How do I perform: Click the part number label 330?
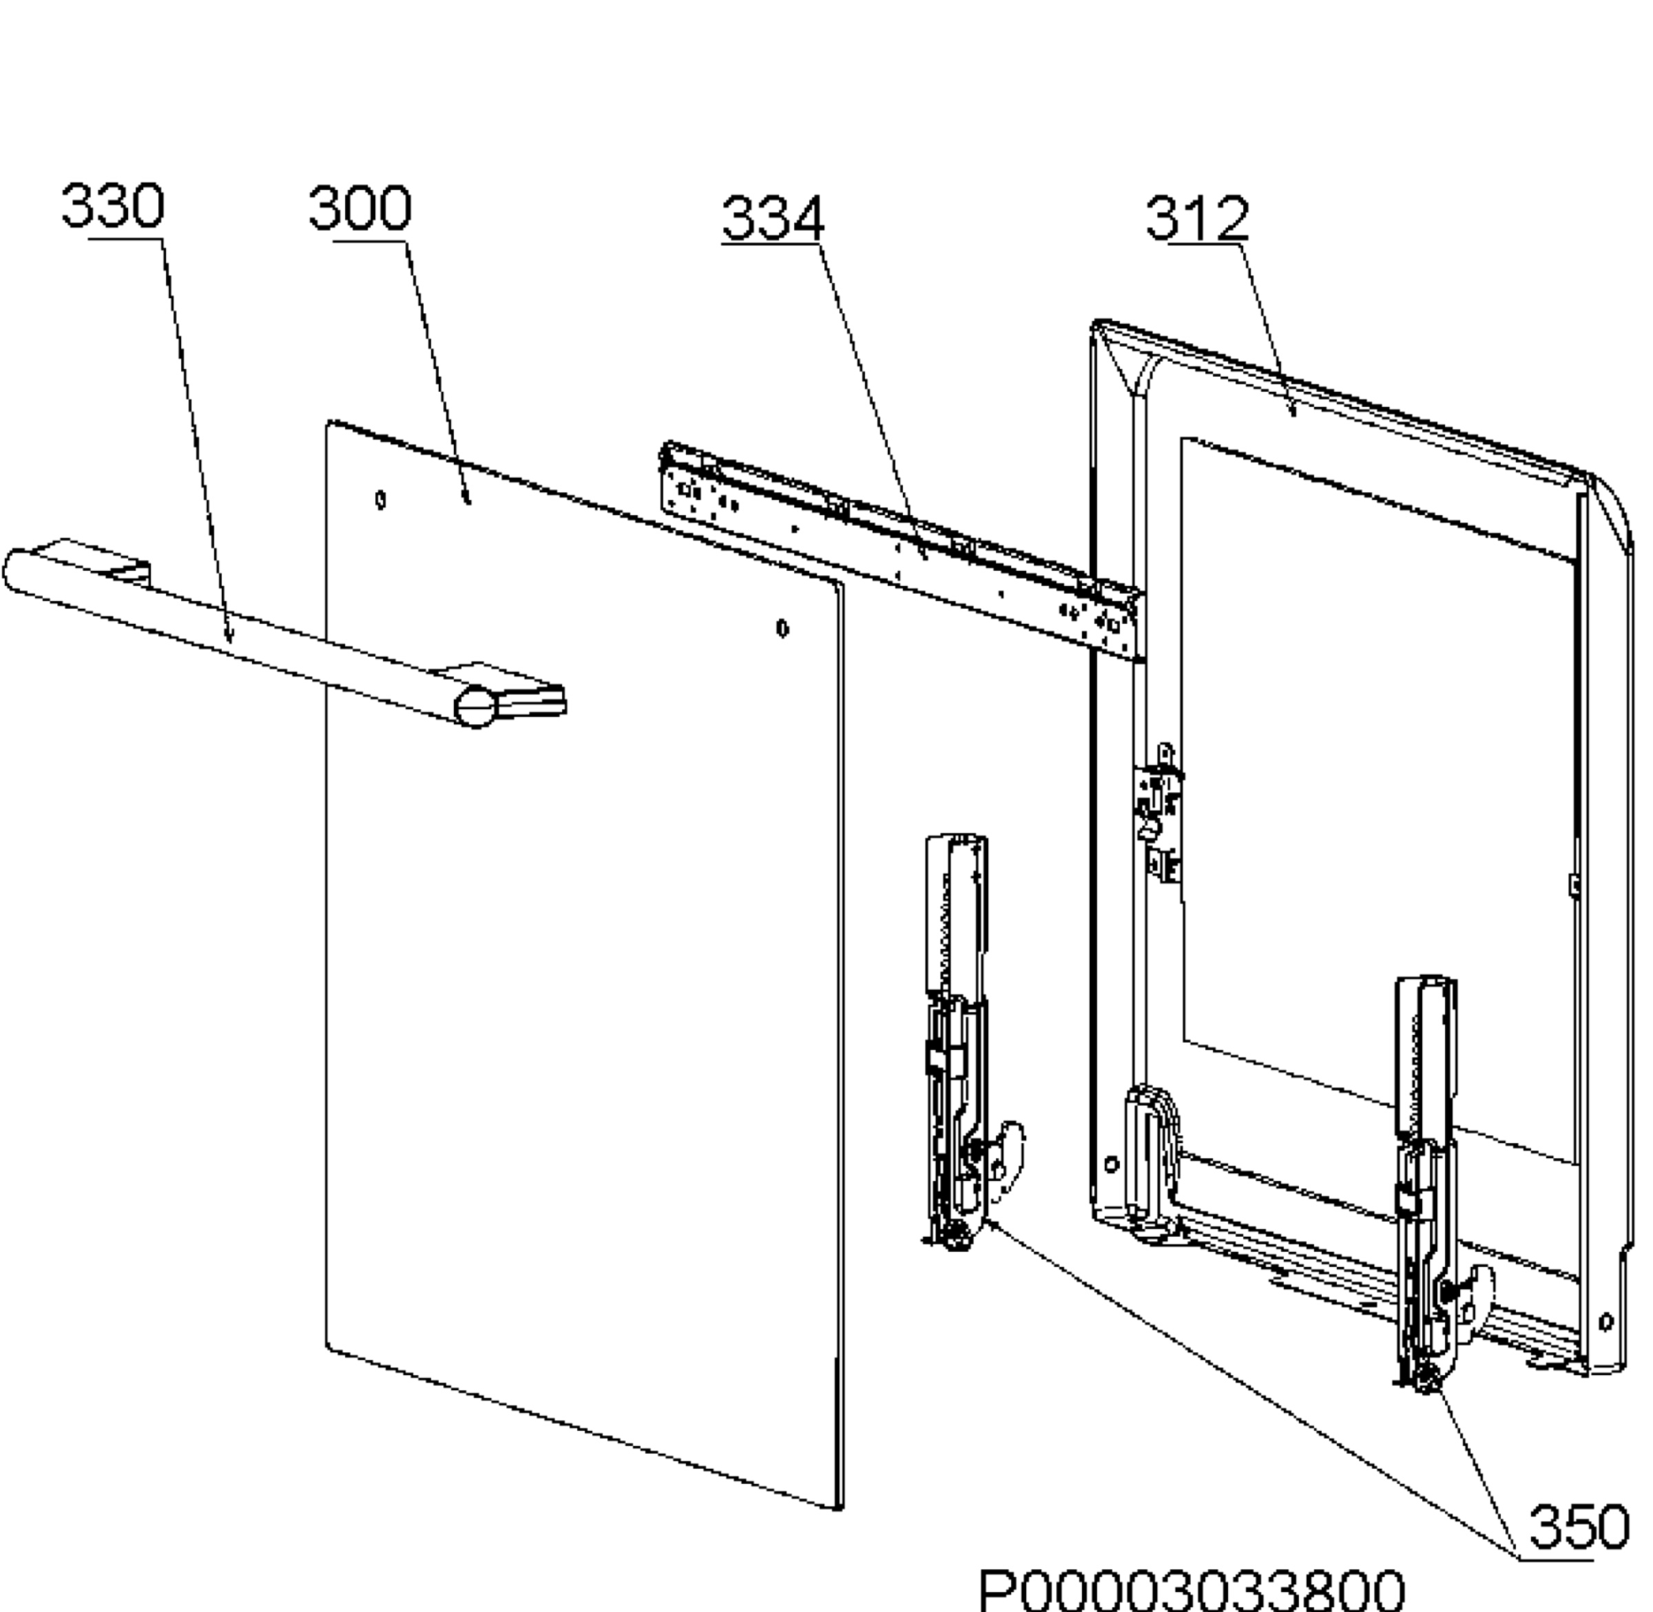click(113, 206)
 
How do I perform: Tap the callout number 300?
click(360, 208)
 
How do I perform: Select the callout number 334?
click(772, 218)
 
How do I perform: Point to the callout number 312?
click(1196, 218)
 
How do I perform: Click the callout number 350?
click(1579, 1527)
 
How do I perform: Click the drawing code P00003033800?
click(1192, 1590)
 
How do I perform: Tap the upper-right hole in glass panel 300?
click(782, 628)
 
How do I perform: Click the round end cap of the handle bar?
click(476, 707)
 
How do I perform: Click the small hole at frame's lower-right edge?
click(1605, 1321)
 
